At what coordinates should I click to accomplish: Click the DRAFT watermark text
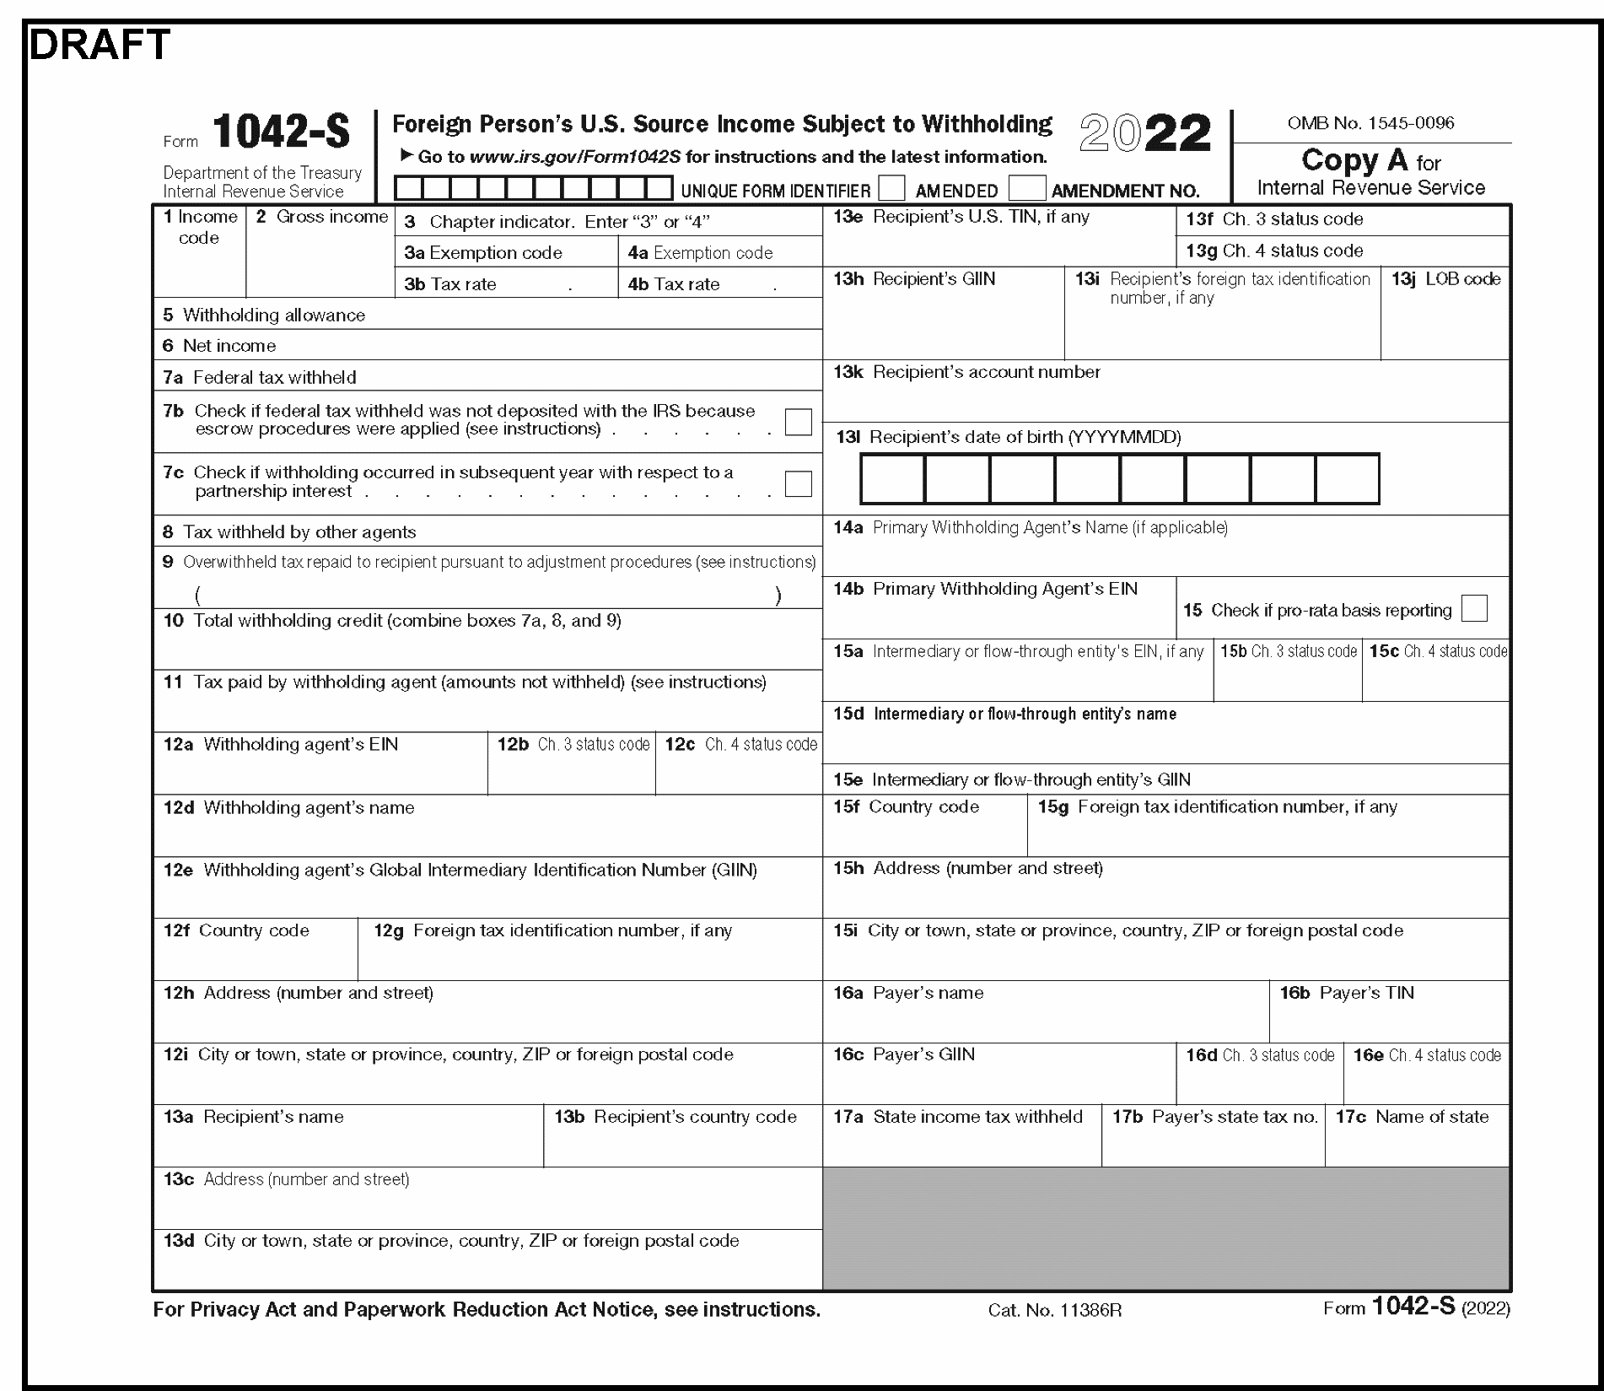[x=100, y=45]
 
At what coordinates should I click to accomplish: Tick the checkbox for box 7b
[x=798, y=422]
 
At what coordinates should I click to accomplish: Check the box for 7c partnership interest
[x=798, y=483]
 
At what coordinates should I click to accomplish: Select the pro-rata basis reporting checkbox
[x=1474, y=609]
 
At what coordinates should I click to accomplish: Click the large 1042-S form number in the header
[x=280, y=132]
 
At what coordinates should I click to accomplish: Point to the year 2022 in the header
[x=1144, y=134]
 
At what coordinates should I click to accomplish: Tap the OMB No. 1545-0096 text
[x=1370, y=123]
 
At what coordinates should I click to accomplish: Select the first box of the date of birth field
[x=892, y=479]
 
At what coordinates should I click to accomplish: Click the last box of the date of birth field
[x=1347, y=479]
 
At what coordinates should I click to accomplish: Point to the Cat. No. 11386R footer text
[x=1054, y=1310]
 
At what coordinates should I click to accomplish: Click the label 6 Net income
[x=219, y=346]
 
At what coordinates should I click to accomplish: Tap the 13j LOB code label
[x=1445, y=279]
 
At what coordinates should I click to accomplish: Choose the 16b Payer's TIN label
[x=1347, y=993]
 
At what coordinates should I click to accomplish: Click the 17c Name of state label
[x=1412, y=1117]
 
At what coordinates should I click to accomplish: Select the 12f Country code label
[x=236, y=930]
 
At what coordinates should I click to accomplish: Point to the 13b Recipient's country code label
[x=675, y=1117]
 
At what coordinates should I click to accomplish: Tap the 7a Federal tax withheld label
[x=260, y=378]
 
